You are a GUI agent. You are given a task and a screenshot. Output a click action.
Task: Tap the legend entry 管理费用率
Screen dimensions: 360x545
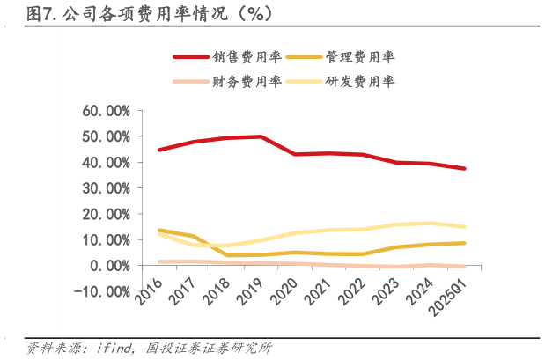(360, 57)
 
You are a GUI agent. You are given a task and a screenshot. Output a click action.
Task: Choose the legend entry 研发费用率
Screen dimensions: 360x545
(360, 81)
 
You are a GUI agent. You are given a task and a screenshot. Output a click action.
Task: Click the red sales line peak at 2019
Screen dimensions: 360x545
(261, 136)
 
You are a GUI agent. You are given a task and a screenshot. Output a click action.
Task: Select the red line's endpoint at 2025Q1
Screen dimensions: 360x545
(464, 168)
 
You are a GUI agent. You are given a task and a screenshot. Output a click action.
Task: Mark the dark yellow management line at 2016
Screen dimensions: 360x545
(159, 231)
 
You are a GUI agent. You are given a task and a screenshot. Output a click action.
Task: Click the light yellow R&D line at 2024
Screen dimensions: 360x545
(431, 223)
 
